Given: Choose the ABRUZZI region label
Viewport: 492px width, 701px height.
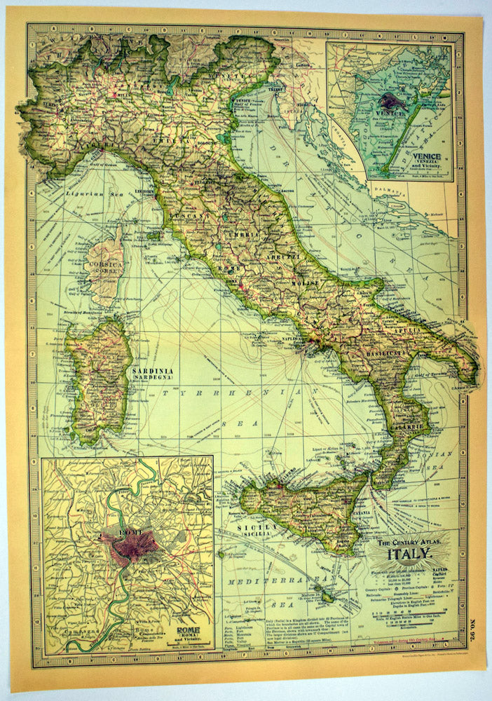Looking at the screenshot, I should (278, 258).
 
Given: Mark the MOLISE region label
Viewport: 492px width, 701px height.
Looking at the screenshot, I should (308, 283).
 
